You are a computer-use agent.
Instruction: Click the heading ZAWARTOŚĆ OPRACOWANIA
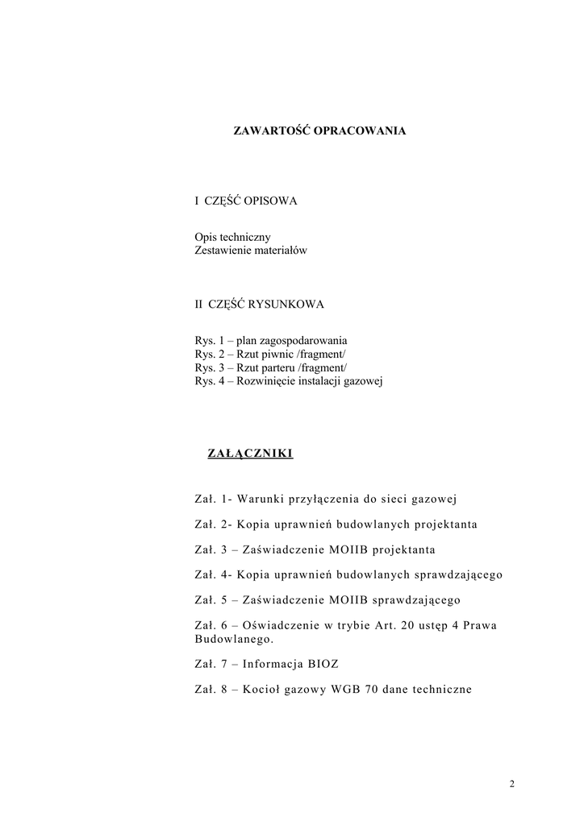coord(319,129)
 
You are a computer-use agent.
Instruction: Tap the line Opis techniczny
coord(232,238)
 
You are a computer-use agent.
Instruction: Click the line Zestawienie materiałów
coord(251,251)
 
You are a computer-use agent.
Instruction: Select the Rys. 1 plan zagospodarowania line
coord(271,341)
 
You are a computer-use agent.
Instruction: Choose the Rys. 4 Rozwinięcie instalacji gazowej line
coord(289,380)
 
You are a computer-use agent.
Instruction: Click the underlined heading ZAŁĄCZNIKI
coord(250,454)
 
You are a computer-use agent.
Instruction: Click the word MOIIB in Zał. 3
coord(349,549)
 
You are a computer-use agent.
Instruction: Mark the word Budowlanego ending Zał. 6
coord(234,639)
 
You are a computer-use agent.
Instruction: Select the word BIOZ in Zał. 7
coord(323,664)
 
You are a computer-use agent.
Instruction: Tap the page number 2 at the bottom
coord(511,784)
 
